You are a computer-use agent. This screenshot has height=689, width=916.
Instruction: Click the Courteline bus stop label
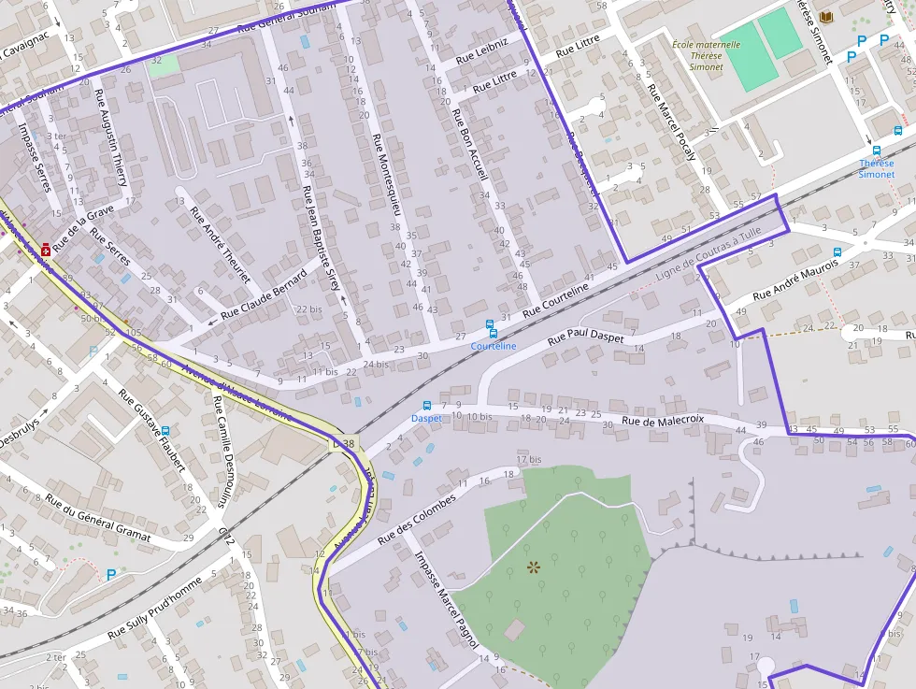point(493,346)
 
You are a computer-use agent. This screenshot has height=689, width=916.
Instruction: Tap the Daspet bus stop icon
point(427,406)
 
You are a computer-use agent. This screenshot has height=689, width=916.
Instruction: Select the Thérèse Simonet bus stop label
point(876,169)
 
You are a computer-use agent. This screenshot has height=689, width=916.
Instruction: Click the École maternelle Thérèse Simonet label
point(706,55)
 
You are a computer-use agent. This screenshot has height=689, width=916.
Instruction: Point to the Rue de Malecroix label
point(662,422)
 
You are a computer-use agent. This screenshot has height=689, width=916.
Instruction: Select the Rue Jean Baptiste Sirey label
point(321,238)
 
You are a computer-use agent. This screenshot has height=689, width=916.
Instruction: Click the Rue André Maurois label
point(795,280)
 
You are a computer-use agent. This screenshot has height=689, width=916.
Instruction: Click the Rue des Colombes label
point(417,520)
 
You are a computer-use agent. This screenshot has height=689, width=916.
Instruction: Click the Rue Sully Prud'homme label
point(154,608)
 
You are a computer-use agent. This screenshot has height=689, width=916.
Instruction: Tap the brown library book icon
point(825,18)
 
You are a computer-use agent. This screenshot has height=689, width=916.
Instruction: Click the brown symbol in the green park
point(534,567)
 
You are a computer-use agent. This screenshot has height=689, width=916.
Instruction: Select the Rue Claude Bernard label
point(264,296)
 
